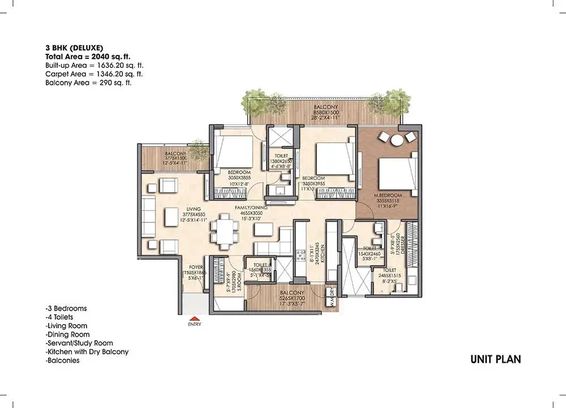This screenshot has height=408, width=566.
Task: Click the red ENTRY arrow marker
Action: [194, 319]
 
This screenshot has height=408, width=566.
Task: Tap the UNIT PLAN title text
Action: [495, 359]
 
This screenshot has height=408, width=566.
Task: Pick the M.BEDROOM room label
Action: [388, 196]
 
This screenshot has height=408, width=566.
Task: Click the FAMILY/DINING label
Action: [251, 208]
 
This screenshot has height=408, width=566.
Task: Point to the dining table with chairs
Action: [225, 232]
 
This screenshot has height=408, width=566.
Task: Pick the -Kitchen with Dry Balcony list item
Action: [87, 351]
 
